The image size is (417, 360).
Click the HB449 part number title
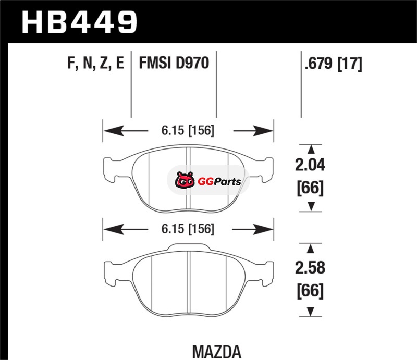click(x=79, y=22)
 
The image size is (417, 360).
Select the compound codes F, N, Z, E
click(x=96, y=63)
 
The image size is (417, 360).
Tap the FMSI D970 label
click(x=174, y=63)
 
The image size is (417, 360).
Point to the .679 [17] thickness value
click(x=334, y=64)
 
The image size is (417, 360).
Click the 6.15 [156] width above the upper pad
click(x=188, y=131)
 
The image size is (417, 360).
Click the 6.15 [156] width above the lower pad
click(x=188, y=229)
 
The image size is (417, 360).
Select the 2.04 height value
click(x=310, y=165)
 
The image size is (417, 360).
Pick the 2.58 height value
click(x=310, y=267)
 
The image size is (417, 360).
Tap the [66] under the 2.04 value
click(x=310, y=188)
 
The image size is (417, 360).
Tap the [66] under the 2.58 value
click(x=310, y=291)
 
